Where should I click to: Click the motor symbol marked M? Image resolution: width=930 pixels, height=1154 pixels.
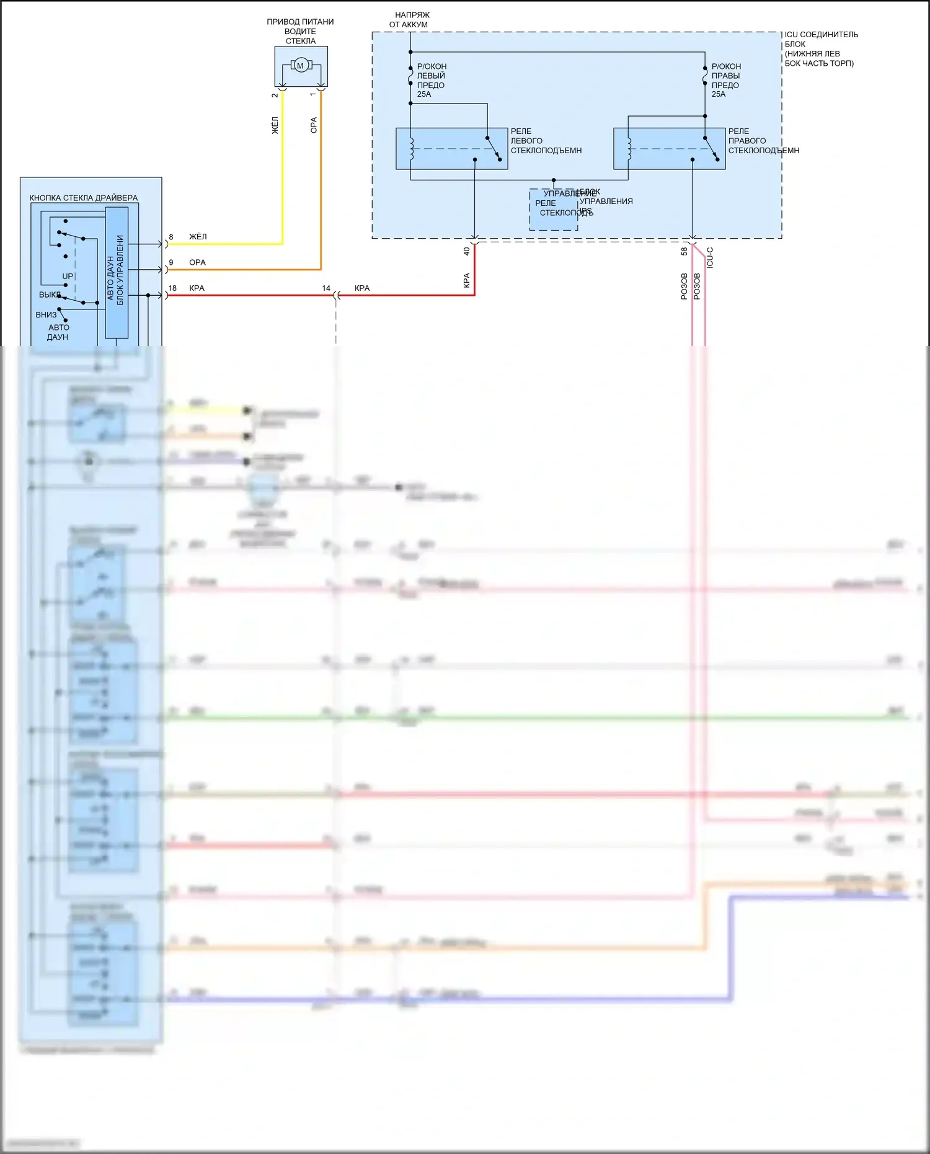[x=301, y=65]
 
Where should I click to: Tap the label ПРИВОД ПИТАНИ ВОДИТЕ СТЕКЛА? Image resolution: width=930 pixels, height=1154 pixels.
[x=301, y=32]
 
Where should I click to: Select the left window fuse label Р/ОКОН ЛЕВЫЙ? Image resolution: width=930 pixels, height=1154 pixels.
[x=432, y=71]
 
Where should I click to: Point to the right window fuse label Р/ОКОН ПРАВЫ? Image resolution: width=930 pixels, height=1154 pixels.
[x=726, y=71]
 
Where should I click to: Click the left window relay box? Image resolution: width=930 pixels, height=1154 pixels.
[x=451, y=149]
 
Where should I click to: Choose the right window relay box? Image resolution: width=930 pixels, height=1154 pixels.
[x=669, y=149]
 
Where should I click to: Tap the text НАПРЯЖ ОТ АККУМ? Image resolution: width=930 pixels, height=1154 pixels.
[x=410, y=20]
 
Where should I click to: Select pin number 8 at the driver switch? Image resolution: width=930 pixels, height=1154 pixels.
[x=171, y=237]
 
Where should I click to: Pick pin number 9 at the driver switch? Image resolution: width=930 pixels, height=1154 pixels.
[x=171, y=262]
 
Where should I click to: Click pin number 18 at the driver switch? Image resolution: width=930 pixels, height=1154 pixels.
[x=172, y=288]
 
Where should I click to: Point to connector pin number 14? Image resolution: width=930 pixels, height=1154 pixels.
[x=326, y=288]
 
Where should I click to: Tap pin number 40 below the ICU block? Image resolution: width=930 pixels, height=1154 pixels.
[x=466, y=251]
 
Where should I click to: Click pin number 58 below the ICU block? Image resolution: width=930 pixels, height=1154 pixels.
[x=684, y=251]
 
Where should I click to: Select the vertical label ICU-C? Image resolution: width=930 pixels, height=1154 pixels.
[x=710, y=257]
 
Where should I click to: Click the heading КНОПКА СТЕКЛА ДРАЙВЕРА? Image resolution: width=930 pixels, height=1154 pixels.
[x=84, y=198]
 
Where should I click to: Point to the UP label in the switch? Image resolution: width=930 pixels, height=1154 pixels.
[x=68, y=277]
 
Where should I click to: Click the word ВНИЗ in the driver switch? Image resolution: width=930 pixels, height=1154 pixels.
[x=46, y=315]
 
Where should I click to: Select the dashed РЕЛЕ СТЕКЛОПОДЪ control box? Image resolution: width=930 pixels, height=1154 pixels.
[x=553, y=210]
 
